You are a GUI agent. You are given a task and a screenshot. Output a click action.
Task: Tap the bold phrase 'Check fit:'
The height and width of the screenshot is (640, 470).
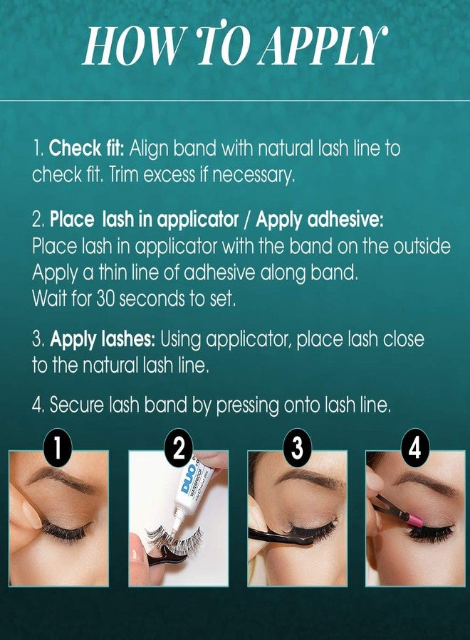(86, 149)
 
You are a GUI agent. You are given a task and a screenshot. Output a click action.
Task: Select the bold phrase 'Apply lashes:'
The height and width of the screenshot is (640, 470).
(103, 339)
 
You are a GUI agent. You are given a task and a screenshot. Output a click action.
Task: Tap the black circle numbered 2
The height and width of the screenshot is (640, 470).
(179, 449)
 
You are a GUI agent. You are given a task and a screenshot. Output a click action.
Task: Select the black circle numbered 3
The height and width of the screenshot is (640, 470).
(297, 449)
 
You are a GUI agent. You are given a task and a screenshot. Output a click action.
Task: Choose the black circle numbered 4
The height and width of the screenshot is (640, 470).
(414, 449)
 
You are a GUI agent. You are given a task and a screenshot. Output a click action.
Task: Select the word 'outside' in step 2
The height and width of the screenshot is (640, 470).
(422, 247)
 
